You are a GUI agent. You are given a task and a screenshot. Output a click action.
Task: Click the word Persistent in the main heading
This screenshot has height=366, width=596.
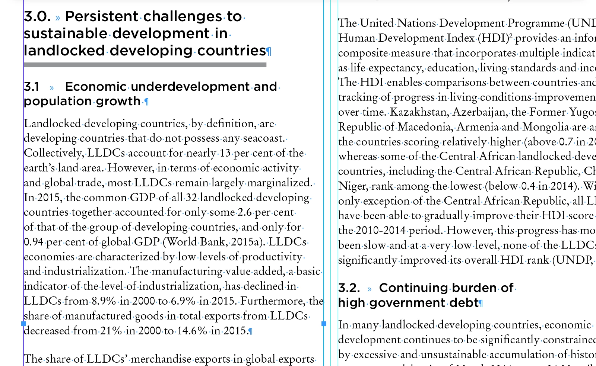click(101, 17)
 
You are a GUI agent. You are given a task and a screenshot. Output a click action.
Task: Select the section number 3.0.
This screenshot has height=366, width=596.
click(37, 17)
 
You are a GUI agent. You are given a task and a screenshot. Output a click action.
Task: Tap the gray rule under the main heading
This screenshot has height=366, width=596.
click(145, 65)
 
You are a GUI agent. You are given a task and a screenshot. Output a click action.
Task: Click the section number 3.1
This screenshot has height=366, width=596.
click(32, 87)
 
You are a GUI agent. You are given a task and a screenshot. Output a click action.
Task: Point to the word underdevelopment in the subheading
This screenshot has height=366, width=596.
click(190, 87)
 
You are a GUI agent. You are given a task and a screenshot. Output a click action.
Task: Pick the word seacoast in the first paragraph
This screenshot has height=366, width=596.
click(263, 138)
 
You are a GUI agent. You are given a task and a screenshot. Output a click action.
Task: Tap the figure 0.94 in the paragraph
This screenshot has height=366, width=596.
click(34, 242)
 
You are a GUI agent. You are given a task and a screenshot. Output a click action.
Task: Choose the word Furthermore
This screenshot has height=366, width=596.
click(273, 301)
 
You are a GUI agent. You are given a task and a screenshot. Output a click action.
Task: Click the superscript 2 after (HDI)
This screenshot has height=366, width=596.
click(511, 36)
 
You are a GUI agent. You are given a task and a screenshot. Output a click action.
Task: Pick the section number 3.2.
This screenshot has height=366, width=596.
click(349, 288)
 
